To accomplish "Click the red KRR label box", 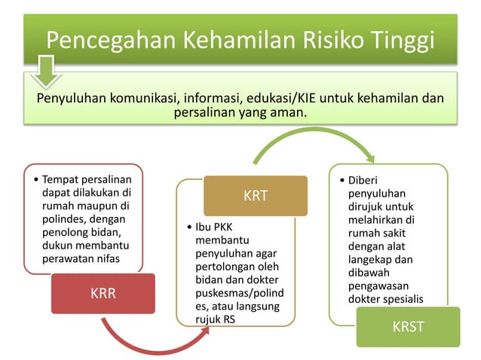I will [103, 293].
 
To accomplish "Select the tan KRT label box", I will [256, 196].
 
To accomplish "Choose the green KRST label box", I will [408, 327].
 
